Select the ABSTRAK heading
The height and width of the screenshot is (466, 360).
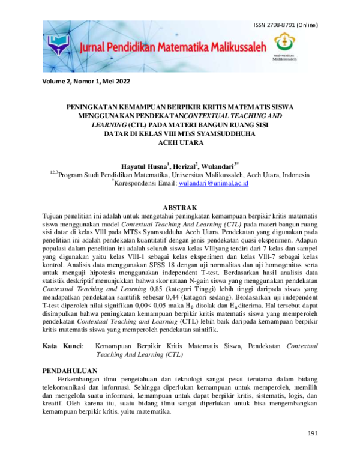(180, 207)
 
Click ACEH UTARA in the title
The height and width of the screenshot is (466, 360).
(180, 142)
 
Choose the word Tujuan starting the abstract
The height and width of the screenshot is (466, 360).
(55, 214)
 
